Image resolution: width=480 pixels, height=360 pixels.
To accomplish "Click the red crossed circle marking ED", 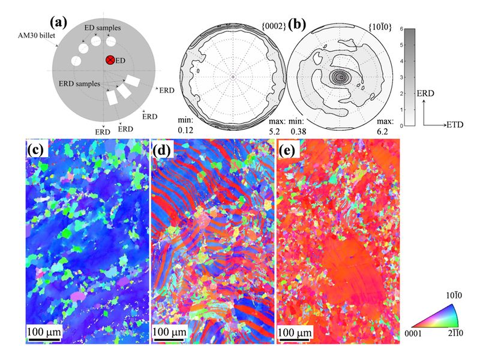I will click(x=110, y=60).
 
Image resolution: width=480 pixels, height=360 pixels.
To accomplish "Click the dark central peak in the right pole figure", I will click(x=341, y=76).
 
